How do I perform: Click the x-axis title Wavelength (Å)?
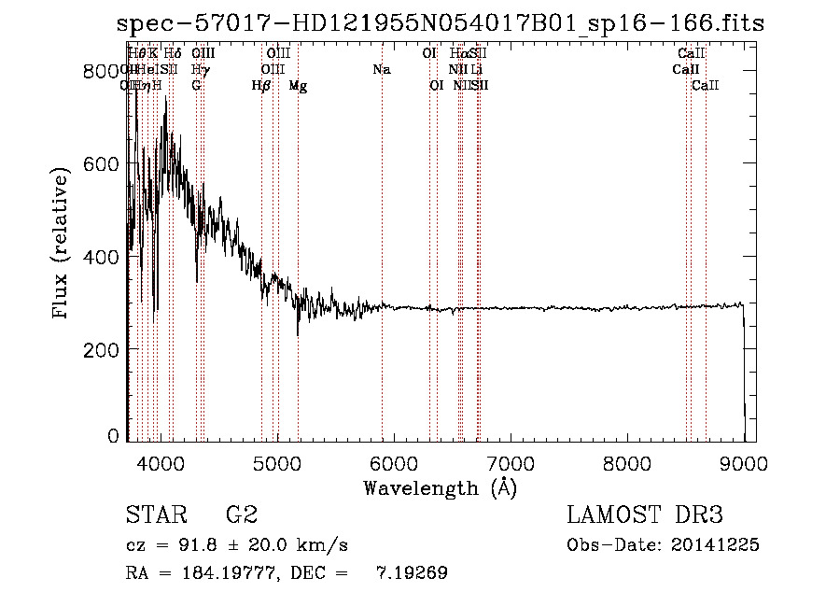click(440, 487)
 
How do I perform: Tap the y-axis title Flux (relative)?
click(63, 245)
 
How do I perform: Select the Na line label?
click(381, 70)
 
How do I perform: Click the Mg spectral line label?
click(298, 86)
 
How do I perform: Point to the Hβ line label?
click(261, 86)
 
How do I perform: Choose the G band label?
click(196, 86)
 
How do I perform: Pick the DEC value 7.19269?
click(412, 573)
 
